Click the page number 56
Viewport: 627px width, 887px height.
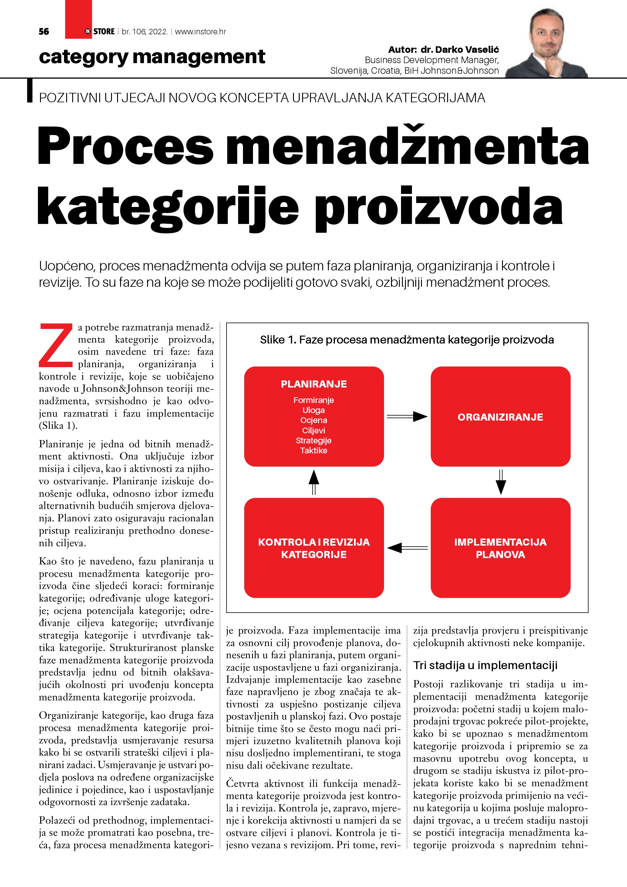pos(44,32)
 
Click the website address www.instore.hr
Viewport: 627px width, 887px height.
pos(201,32)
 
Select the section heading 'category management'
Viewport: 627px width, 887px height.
pos(152,57)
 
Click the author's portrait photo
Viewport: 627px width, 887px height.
pos(546,43)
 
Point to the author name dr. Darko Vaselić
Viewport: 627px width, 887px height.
pos(460,49)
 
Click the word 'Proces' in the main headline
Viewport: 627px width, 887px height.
pos(126,146)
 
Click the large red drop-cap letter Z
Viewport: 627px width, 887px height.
pos(56,345)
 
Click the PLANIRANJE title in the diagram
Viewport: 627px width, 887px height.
pos(314,384)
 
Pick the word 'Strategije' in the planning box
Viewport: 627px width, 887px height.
pos(314,440)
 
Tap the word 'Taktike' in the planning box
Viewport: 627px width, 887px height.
pos(314,450)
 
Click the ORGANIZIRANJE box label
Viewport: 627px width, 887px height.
pos(501,417)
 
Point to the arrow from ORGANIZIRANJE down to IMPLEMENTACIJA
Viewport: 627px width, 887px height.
pos(501,482)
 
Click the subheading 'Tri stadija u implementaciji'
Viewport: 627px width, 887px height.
pos(485,665)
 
